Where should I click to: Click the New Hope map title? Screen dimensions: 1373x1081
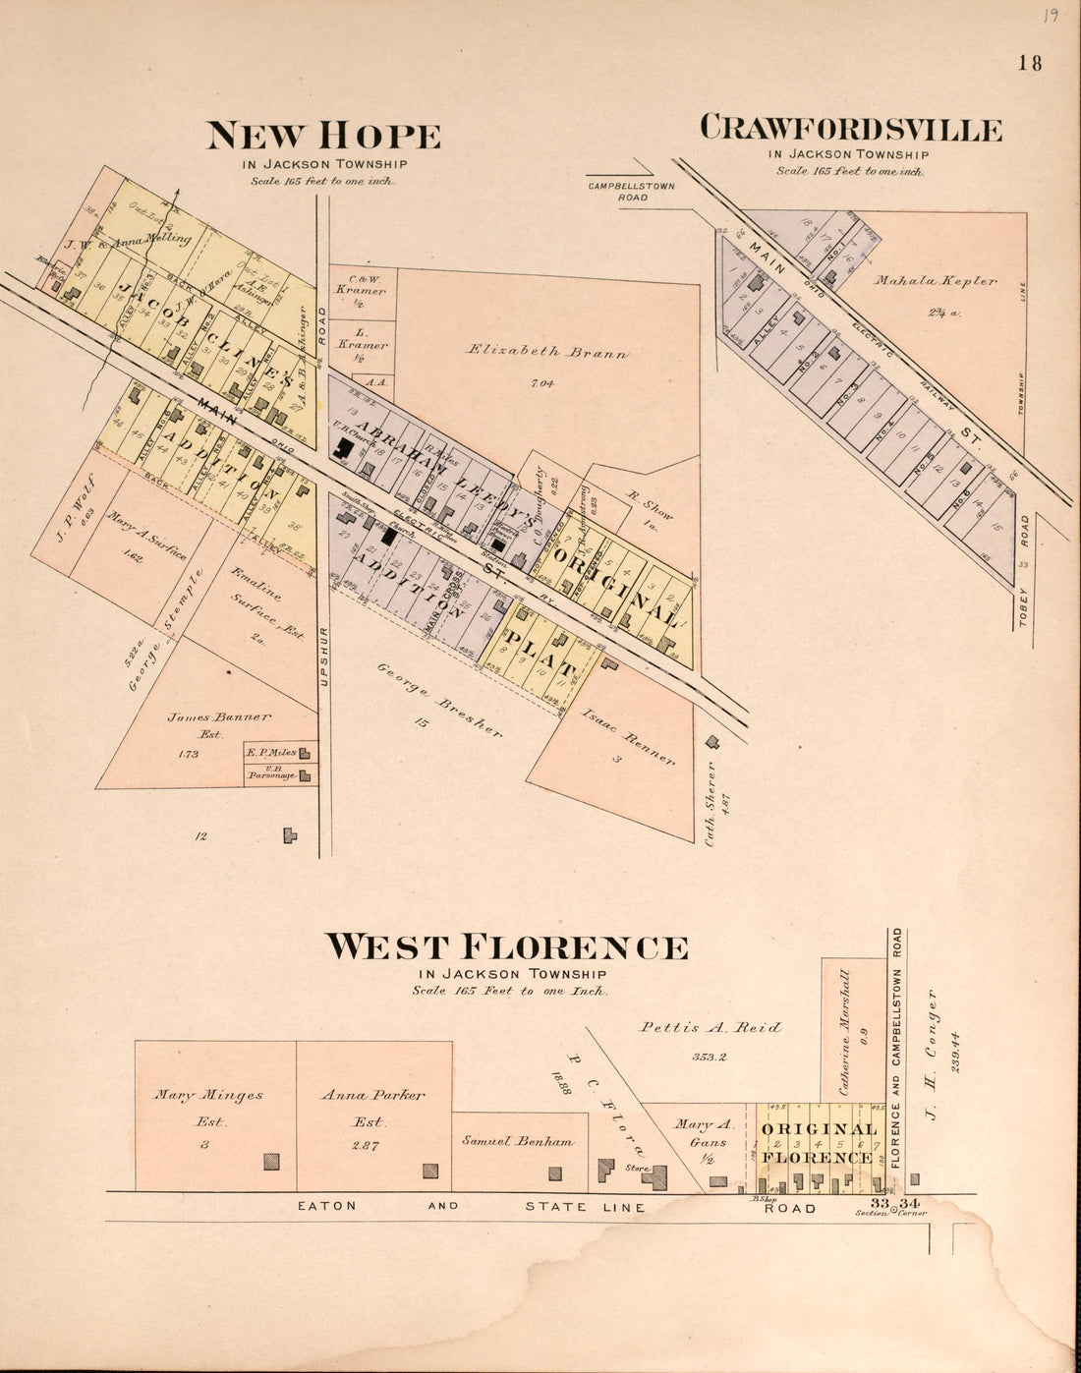pos(323,136)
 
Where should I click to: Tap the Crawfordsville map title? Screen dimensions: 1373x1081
pos(851,129)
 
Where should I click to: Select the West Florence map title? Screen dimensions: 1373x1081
pos(506,947)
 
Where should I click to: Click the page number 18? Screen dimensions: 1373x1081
pos(1030,63)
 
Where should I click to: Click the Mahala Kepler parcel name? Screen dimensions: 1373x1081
pos(936,281)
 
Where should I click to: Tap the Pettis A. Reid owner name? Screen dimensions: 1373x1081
pos(711,1027)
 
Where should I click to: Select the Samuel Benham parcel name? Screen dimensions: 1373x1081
pos(518,1141)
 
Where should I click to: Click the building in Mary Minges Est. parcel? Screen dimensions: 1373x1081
pos(271,1162)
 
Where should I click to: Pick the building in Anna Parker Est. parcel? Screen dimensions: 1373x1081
pos(430,1171)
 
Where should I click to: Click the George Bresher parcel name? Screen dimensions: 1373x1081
pos(439,700)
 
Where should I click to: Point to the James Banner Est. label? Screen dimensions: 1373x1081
pos(218,718)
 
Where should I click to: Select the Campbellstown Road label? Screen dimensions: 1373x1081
pos(631,192)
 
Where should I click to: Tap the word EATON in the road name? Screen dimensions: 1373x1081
pos(328,1206)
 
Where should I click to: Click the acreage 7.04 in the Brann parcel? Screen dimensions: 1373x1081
pos(541,383)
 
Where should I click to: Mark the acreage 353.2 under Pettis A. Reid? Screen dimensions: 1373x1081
pos(709,1058)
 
